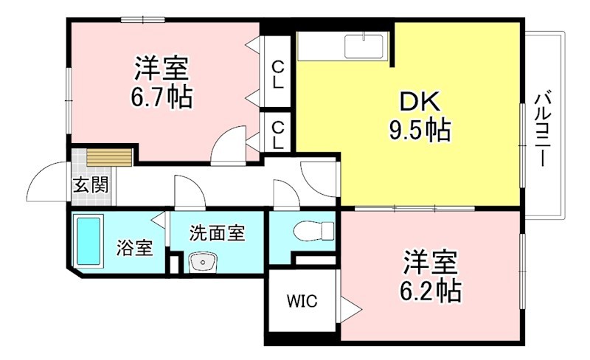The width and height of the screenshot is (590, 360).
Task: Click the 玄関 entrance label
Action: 90,185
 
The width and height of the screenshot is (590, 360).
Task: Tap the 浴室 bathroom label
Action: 134,248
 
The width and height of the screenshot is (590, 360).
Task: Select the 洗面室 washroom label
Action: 216,233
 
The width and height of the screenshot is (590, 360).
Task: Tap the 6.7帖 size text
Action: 163,97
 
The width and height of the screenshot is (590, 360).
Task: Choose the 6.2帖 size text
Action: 431,291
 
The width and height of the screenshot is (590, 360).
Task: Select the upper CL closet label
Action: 277,75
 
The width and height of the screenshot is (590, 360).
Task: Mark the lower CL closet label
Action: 277,134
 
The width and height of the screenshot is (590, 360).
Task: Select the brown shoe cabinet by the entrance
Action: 109,157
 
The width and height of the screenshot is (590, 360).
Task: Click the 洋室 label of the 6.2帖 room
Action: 430,262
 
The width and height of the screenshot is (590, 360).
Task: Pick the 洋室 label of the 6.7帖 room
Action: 162,70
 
